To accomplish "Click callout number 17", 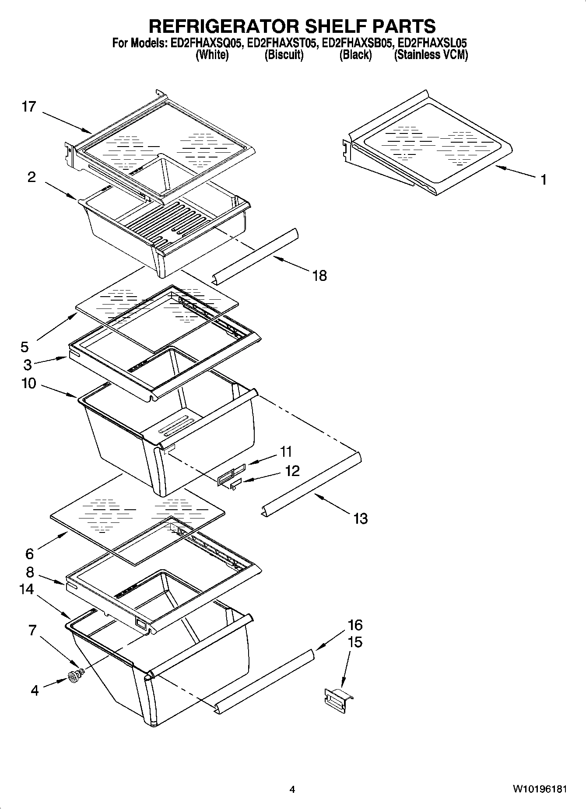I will click(29, 107).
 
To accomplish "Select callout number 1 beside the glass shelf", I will click(543, 179).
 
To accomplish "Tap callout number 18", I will click(320, 276).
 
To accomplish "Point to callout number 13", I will click(360, 518).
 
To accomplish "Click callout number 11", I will click(286, 451).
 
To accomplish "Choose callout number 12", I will click(292, 470).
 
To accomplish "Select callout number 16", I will click(355, 624).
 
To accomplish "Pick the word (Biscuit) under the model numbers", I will click(284, 55).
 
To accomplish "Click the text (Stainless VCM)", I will click(431, 55).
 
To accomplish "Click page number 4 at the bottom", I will click(292, 789).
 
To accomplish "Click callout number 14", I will click(26, 589).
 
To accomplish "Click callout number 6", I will click(29, 554).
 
